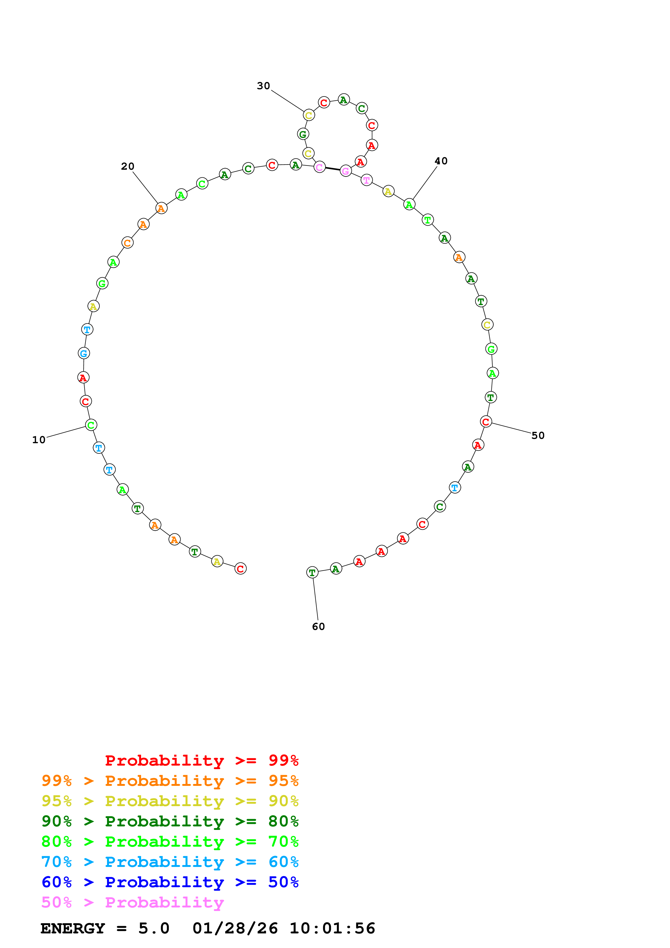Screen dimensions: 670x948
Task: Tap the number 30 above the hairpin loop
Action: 263,86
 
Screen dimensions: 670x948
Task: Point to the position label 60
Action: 318,626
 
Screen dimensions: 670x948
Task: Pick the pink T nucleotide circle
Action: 366,180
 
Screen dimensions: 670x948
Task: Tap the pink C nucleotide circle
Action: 319,167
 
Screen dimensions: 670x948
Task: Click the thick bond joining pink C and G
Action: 332,169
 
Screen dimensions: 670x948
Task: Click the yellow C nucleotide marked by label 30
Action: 309,115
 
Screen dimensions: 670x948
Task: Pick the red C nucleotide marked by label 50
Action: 486,422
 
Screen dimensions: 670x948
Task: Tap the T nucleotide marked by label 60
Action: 312,573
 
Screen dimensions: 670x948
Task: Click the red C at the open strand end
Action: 240,569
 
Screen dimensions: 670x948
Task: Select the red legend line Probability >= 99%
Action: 201,760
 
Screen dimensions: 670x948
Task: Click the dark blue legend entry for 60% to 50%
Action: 170,882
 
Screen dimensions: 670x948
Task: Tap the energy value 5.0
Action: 154,928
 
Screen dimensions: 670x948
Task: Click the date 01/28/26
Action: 235,928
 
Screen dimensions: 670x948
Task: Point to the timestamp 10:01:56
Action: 332,928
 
